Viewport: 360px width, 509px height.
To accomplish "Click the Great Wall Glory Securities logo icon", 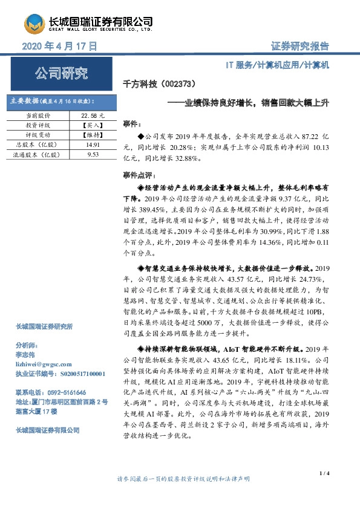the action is [35, 24].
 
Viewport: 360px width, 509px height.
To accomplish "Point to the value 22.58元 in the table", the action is [93, 114].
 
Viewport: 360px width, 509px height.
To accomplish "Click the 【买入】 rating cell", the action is [93, 125].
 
